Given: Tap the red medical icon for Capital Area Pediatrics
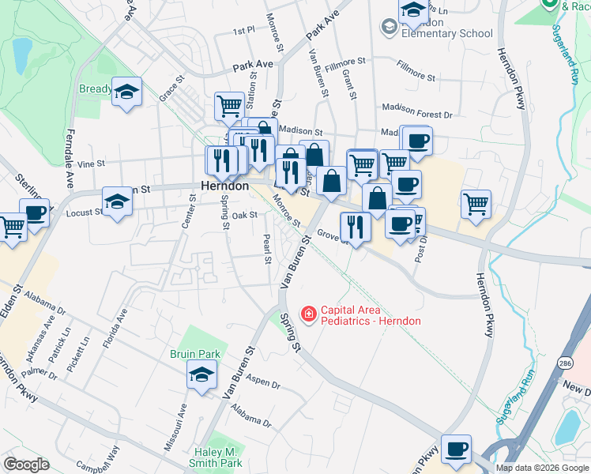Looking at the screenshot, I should pos(307,314).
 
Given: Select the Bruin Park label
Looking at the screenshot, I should pos(194,354).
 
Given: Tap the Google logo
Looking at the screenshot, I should pos(26,465).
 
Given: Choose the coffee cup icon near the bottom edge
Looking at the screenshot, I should pos(456,448).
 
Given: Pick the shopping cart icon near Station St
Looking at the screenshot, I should pos(229,105).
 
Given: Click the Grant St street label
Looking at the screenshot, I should pos(348,84).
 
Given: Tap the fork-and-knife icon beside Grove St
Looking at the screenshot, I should pos(355,227).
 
